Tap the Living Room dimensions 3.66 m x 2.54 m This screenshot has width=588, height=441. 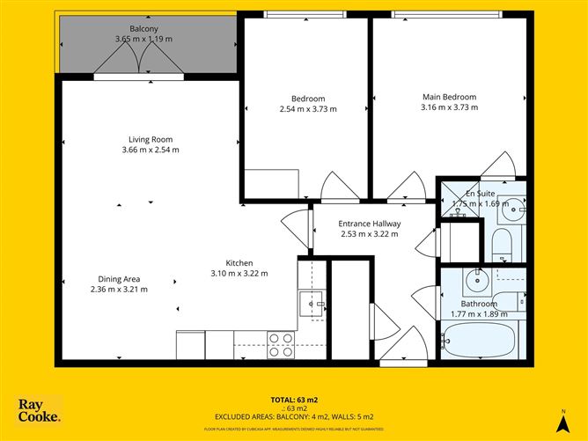coord(150,150)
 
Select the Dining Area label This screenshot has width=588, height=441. coord(119,279)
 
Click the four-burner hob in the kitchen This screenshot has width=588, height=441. coord(281,344)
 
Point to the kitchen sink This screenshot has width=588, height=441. coord(311,305)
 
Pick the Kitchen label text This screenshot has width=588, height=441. coord(239,263)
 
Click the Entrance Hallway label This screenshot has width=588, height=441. coord(369,224)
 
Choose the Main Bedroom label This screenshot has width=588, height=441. coord(449,97)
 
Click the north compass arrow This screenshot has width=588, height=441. coord(562,421)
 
